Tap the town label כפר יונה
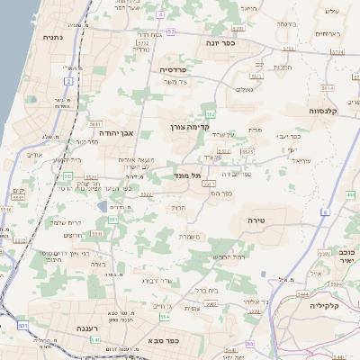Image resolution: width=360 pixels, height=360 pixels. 219,42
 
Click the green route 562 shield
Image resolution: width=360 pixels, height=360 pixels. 211,114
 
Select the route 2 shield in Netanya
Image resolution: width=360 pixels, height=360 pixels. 68,82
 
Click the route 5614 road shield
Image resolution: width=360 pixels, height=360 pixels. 327,88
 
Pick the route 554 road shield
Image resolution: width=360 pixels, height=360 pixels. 165,317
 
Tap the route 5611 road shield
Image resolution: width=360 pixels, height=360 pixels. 94,125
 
